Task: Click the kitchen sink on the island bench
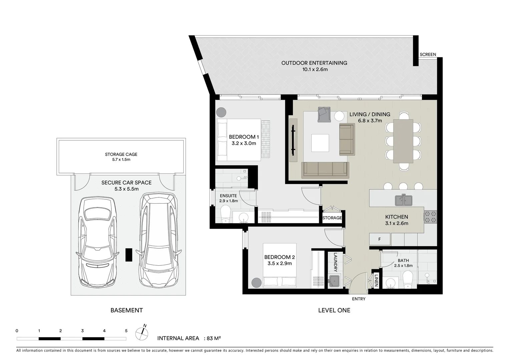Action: [403, 200]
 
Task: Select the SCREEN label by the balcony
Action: [428, 54]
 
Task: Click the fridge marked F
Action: [380, 239]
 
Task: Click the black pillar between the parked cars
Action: [129, 255]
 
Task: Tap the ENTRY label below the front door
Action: [359, 299]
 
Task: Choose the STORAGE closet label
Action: [332, 218]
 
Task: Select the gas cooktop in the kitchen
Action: [430, 217]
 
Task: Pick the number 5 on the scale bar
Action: [126, 331]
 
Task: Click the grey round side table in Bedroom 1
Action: [221, 112]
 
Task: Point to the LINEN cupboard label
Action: [376, 280]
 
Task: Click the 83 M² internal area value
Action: [213, 338]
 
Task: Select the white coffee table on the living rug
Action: [320, 143]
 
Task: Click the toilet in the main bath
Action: [408, 280]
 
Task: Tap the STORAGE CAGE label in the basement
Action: [121, 154]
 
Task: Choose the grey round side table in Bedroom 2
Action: [257, 283]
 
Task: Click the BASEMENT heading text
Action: [127, 310]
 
